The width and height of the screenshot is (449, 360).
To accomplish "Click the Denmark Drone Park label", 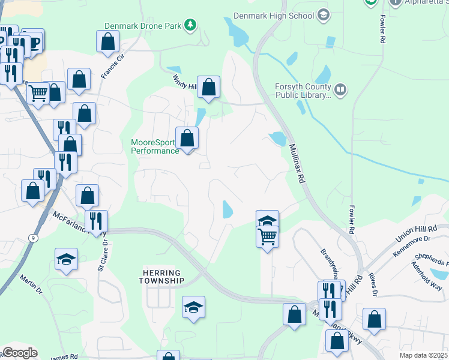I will pyautogui.click(x=142, y=26).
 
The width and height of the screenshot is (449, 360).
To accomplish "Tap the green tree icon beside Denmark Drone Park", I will pyautogui.click(x=190, y=25).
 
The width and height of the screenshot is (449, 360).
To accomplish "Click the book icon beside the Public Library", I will pyautogui.click(x=340, y=91).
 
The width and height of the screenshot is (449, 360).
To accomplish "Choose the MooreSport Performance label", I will pyautogui.click(x=154, y=146).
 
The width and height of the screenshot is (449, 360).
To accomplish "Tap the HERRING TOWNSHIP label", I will pyautogui.click(x=161, y=277).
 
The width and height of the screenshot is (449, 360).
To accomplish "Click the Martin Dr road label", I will pyautogui.click(x=31, y=284).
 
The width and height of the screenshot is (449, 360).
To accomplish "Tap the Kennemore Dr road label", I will pyautogui.click(x=412, y=247).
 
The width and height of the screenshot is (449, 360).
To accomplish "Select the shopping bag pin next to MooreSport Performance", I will pyautogui.click(x=187, y=139).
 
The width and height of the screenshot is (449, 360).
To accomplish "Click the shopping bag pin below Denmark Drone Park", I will pyautogui.click(x=108, y=42).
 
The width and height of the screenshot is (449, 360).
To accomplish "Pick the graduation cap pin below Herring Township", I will pyautogui.click(x=194, y=307).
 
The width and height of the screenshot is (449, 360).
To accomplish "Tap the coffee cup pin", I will pyautogui.click(x=34, y=41).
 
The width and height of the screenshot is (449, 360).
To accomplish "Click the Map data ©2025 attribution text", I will pyautogui.click(x=424, y=355).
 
